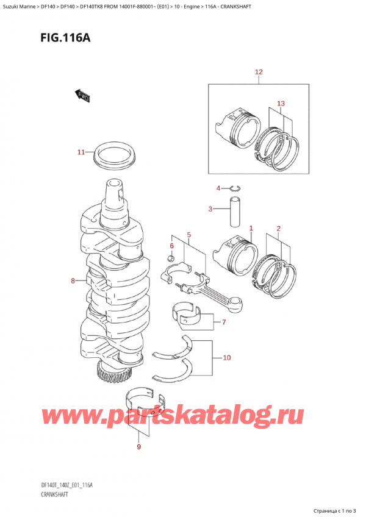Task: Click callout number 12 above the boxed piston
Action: coord(259,73)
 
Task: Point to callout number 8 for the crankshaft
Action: coord(74,281)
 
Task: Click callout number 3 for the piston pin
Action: coord(210,210)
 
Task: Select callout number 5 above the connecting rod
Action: coord(189,234)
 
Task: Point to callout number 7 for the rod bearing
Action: coord(224,322)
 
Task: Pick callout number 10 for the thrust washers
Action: coord(226,358)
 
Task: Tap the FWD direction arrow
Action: coord(82,94)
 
